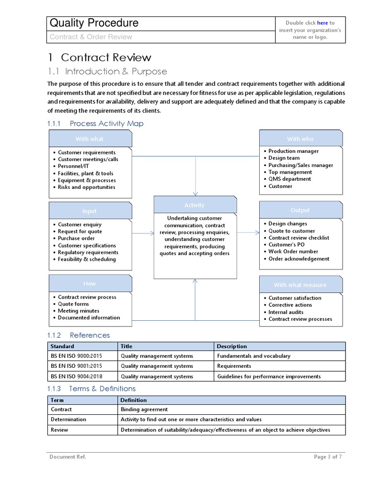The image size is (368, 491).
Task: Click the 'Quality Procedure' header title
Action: pos(94,23)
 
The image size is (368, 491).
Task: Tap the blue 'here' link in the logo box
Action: pos(322,23)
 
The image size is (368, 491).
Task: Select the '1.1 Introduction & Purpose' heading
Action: pos(107,71)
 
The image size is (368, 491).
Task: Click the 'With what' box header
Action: pos(90,139)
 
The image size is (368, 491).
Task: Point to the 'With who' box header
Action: pos(300,139)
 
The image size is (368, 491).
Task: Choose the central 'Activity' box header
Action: pos(194,205)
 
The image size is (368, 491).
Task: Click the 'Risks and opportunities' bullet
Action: pos(86,187)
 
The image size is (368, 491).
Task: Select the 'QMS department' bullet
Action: pos(289,179)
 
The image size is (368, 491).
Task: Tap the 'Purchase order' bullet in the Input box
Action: pos(76,238)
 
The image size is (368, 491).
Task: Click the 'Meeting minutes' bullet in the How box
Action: pos(79,311)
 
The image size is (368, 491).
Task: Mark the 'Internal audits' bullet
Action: pos(286,312)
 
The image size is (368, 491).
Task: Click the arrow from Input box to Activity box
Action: pos(142,234)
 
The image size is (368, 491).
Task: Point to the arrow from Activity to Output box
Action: pos(248,233)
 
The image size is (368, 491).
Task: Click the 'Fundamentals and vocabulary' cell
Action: pos(253,356)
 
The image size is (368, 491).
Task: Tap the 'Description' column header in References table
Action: pos(231,346)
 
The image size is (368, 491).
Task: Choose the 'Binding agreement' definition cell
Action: pos(144,409)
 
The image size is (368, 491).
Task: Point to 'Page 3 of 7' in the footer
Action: pos(328,457)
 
